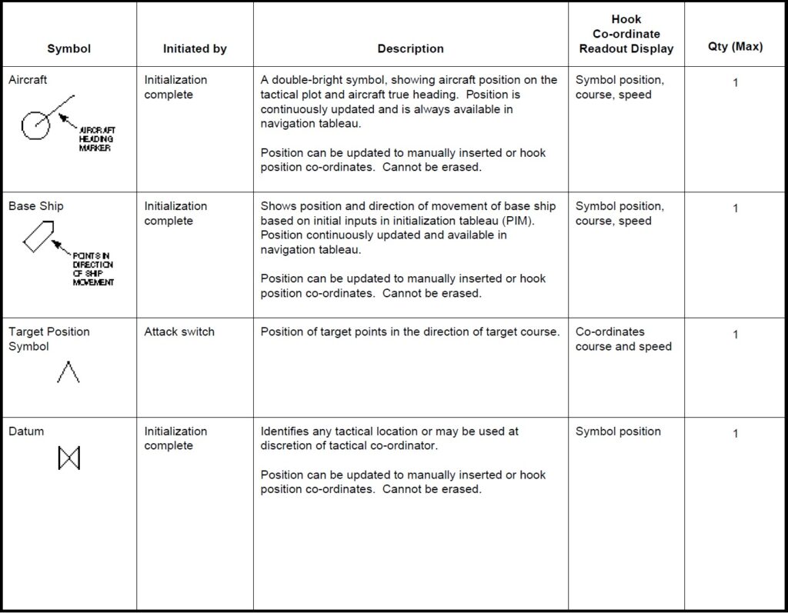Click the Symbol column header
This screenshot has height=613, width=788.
click(x=68, y=48)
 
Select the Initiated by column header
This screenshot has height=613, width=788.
click(x=195, y=48)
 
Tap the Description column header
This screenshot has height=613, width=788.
click(x=410, y=48)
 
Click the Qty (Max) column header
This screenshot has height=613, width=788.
click(x=735, y=47)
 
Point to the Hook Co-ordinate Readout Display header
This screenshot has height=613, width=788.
click(x=626, y=34)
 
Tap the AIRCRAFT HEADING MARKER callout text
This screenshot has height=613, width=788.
click(x=97, y=139)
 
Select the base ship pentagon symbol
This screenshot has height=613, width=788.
click(x=38, y=235)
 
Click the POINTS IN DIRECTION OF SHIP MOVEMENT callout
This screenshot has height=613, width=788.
click(x=93, y=269)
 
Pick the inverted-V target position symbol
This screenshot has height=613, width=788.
click(x=68, y=372)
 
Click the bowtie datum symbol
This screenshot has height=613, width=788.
click(x=68, y=459)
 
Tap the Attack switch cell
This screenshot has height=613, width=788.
click(x=179, y=331)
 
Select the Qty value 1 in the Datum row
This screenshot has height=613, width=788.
click(x=735, y=434)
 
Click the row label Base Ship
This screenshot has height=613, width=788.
click(x=36, y=206)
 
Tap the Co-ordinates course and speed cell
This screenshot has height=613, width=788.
click(x=623, y=339)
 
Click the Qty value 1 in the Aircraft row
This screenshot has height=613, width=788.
click(x=735, y=82)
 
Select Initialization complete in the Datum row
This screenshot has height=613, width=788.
click(x=175, y=438)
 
